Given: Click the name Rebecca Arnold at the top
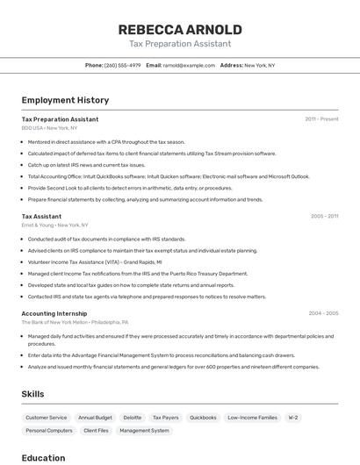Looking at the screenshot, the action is (x=180, y=30).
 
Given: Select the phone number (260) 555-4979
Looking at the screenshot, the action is (x=122, y=65).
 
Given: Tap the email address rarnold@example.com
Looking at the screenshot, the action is (x=189, y=65).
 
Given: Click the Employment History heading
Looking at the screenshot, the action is (x=65, y=100).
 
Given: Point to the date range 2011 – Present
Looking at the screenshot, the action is (x=321, y=119).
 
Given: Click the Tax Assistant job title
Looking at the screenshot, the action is (x=41, y=216).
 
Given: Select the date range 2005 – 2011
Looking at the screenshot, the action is (x=324, y=216).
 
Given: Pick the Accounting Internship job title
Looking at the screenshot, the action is (x=54, y=313).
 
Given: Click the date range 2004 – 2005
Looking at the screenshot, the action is (x=324, y=313).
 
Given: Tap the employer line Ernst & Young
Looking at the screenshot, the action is (x=54, y=225).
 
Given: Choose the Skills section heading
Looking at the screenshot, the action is (x=33, y=394).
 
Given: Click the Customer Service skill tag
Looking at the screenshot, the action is (x=46, y=418).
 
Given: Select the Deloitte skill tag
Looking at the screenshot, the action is (x=132, y=418).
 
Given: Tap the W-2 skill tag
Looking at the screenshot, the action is (x=293, y=418).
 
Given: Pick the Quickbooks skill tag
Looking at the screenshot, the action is (x=203, y=418).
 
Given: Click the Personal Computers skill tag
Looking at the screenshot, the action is (x=49, y=431).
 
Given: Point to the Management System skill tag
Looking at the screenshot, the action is (x=144, y=431).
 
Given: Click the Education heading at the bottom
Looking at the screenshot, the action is (x=43, y=457).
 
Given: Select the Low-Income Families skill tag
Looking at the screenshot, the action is (x=252, y=418).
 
